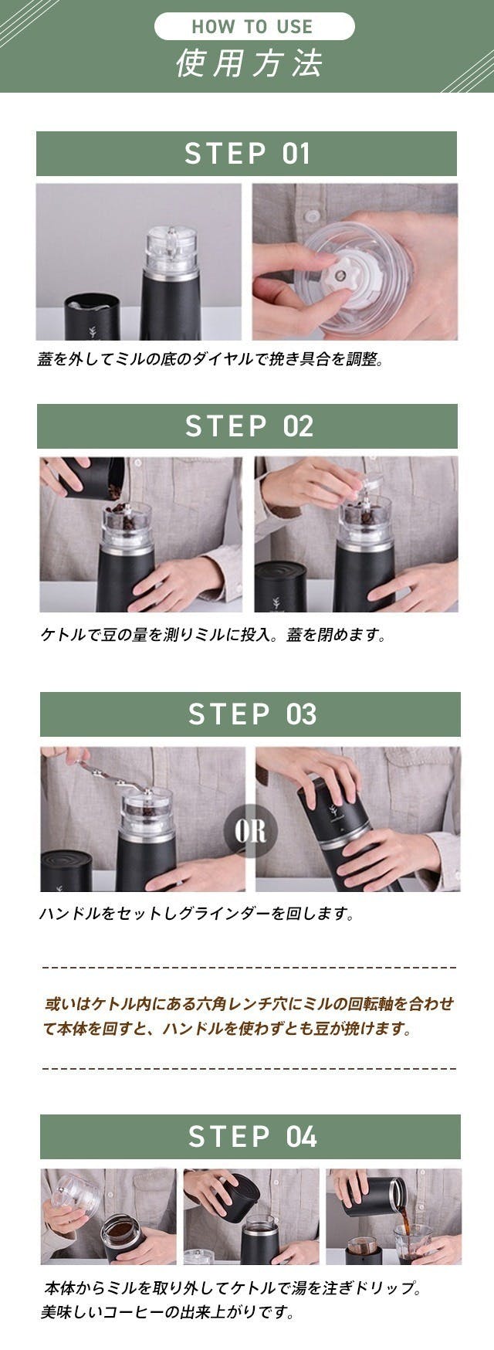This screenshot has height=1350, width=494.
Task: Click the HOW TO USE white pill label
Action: click(x=254, y=26)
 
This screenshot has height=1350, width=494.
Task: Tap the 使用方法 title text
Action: click(x=249, y=63)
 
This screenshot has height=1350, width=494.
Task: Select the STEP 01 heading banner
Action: click(x=246, y=154)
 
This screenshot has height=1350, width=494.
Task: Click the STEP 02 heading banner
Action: click(x=247, y=426)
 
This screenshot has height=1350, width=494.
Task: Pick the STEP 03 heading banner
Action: click(x=250, y=714)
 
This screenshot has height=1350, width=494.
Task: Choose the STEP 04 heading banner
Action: click(x=250, y=1137)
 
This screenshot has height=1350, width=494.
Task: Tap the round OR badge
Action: click(x=250, y=831)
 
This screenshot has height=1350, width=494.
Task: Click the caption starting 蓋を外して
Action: click(x=210, y=359)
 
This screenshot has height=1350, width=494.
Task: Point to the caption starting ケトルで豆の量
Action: click(x=212, y=636)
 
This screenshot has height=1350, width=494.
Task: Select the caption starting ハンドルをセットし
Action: click(x=197, y=914)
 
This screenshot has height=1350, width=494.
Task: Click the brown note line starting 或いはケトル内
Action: click(x=249, y=1004)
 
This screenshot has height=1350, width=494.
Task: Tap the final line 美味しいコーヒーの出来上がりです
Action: click(x=167, y=1312)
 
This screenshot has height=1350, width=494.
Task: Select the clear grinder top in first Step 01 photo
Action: click(x=171, y=252)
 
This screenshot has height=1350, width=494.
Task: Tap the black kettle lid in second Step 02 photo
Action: click(x=280, y=587)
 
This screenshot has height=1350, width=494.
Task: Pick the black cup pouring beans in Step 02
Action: click(x=92, y=477)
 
